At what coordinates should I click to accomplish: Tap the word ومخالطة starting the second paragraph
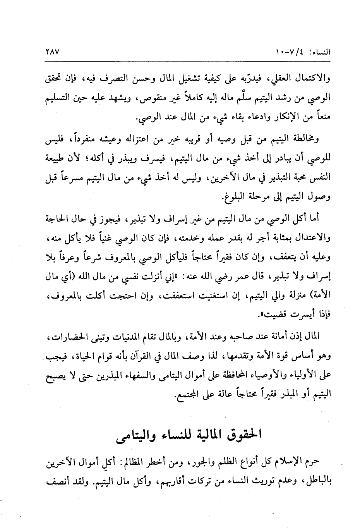[298, 139]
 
